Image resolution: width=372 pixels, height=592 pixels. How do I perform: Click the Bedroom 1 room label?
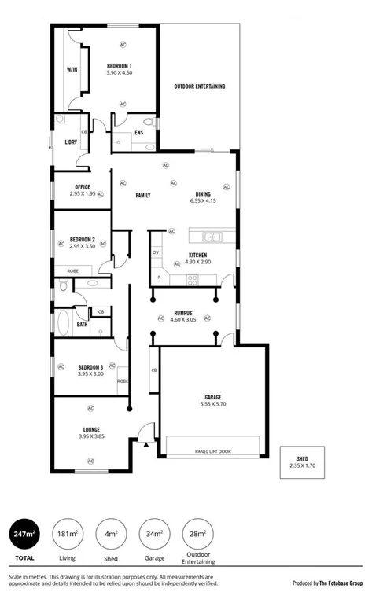120,65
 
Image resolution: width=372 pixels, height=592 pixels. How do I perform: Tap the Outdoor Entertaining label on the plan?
200,86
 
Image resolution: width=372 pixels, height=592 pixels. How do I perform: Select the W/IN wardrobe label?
72,70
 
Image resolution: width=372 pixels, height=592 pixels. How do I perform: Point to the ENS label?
139,132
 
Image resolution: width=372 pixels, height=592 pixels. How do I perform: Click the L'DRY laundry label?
70,142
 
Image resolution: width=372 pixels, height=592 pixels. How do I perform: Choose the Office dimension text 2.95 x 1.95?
82,193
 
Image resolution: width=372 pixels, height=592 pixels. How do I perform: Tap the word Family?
143,195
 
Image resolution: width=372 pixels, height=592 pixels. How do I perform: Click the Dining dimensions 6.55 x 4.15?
203,200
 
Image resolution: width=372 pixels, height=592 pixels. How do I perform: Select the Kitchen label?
197,256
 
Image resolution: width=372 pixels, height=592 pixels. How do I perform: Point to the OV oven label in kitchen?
156,252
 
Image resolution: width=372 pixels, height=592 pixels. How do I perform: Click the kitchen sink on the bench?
211,236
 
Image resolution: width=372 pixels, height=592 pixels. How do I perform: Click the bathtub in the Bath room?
63,322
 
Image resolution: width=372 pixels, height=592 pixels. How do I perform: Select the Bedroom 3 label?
91,367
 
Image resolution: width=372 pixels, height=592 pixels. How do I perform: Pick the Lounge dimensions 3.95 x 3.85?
91,436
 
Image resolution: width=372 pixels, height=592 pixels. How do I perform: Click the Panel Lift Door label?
212,452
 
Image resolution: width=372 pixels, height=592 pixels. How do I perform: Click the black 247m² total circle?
24,535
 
